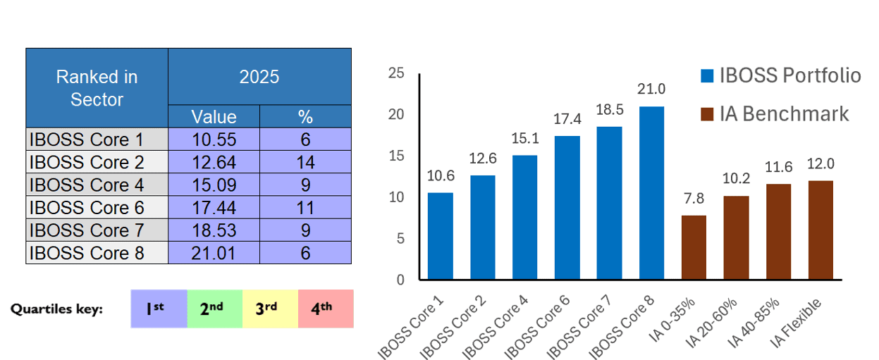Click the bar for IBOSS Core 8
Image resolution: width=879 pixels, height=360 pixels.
click(651, 193)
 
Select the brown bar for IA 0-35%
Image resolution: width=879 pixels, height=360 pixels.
click(694, 247)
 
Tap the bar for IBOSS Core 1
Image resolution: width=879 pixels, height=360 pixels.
click(441, 236)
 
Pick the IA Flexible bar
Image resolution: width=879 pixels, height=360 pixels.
click(820, 230)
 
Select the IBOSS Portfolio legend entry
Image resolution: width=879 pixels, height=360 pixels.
click(780, 75)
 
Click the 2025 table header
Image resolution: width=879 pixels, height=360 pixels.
click(259, 77)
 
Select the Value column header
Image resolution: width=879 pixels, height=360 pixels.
click(214, 116)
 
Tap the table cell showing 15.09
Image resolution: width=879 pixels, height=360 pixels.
click(214, 185)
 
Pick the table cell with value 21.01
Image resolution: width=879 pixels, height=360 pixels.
click(214, 252)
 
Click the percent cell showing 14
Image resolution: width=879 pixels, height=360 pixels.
click(305, 162)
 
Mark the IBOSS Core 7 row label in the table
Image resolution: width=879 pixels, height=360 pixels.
click(97, 230)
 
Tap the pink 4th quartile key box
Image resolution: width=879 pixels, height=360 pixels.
click(326, 309)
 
